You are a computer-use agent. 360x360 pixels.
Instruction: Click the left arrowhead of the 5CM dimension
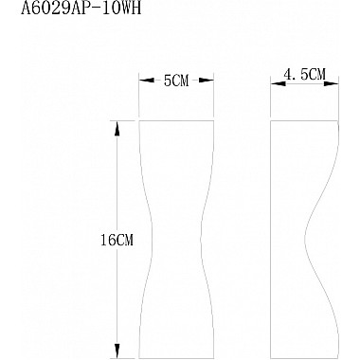(142, 82)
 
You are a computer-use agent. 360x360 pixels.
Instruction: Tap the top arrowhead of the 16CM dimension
(118, 125)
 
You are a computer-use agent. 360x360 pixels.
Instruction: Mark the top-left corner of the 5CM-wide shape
(140, 120)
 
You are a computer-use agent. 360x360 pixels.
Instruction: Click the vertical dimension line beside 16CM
(118, 189)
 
